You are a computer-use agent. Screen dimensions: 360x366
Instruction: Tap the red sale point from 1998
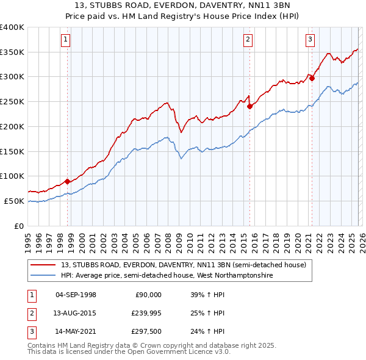(67, 181)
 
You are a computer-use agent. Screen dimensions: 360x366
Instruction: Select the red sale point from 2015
(249, 106)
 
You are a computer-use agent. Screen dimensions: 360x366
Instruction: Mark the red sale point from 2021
(312, 77)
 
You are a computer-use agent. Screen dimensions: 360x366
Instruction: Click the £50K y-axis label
(14, 201)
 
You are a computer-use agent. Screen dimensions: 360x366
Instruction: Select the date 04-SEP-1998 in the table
(76, 295)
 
